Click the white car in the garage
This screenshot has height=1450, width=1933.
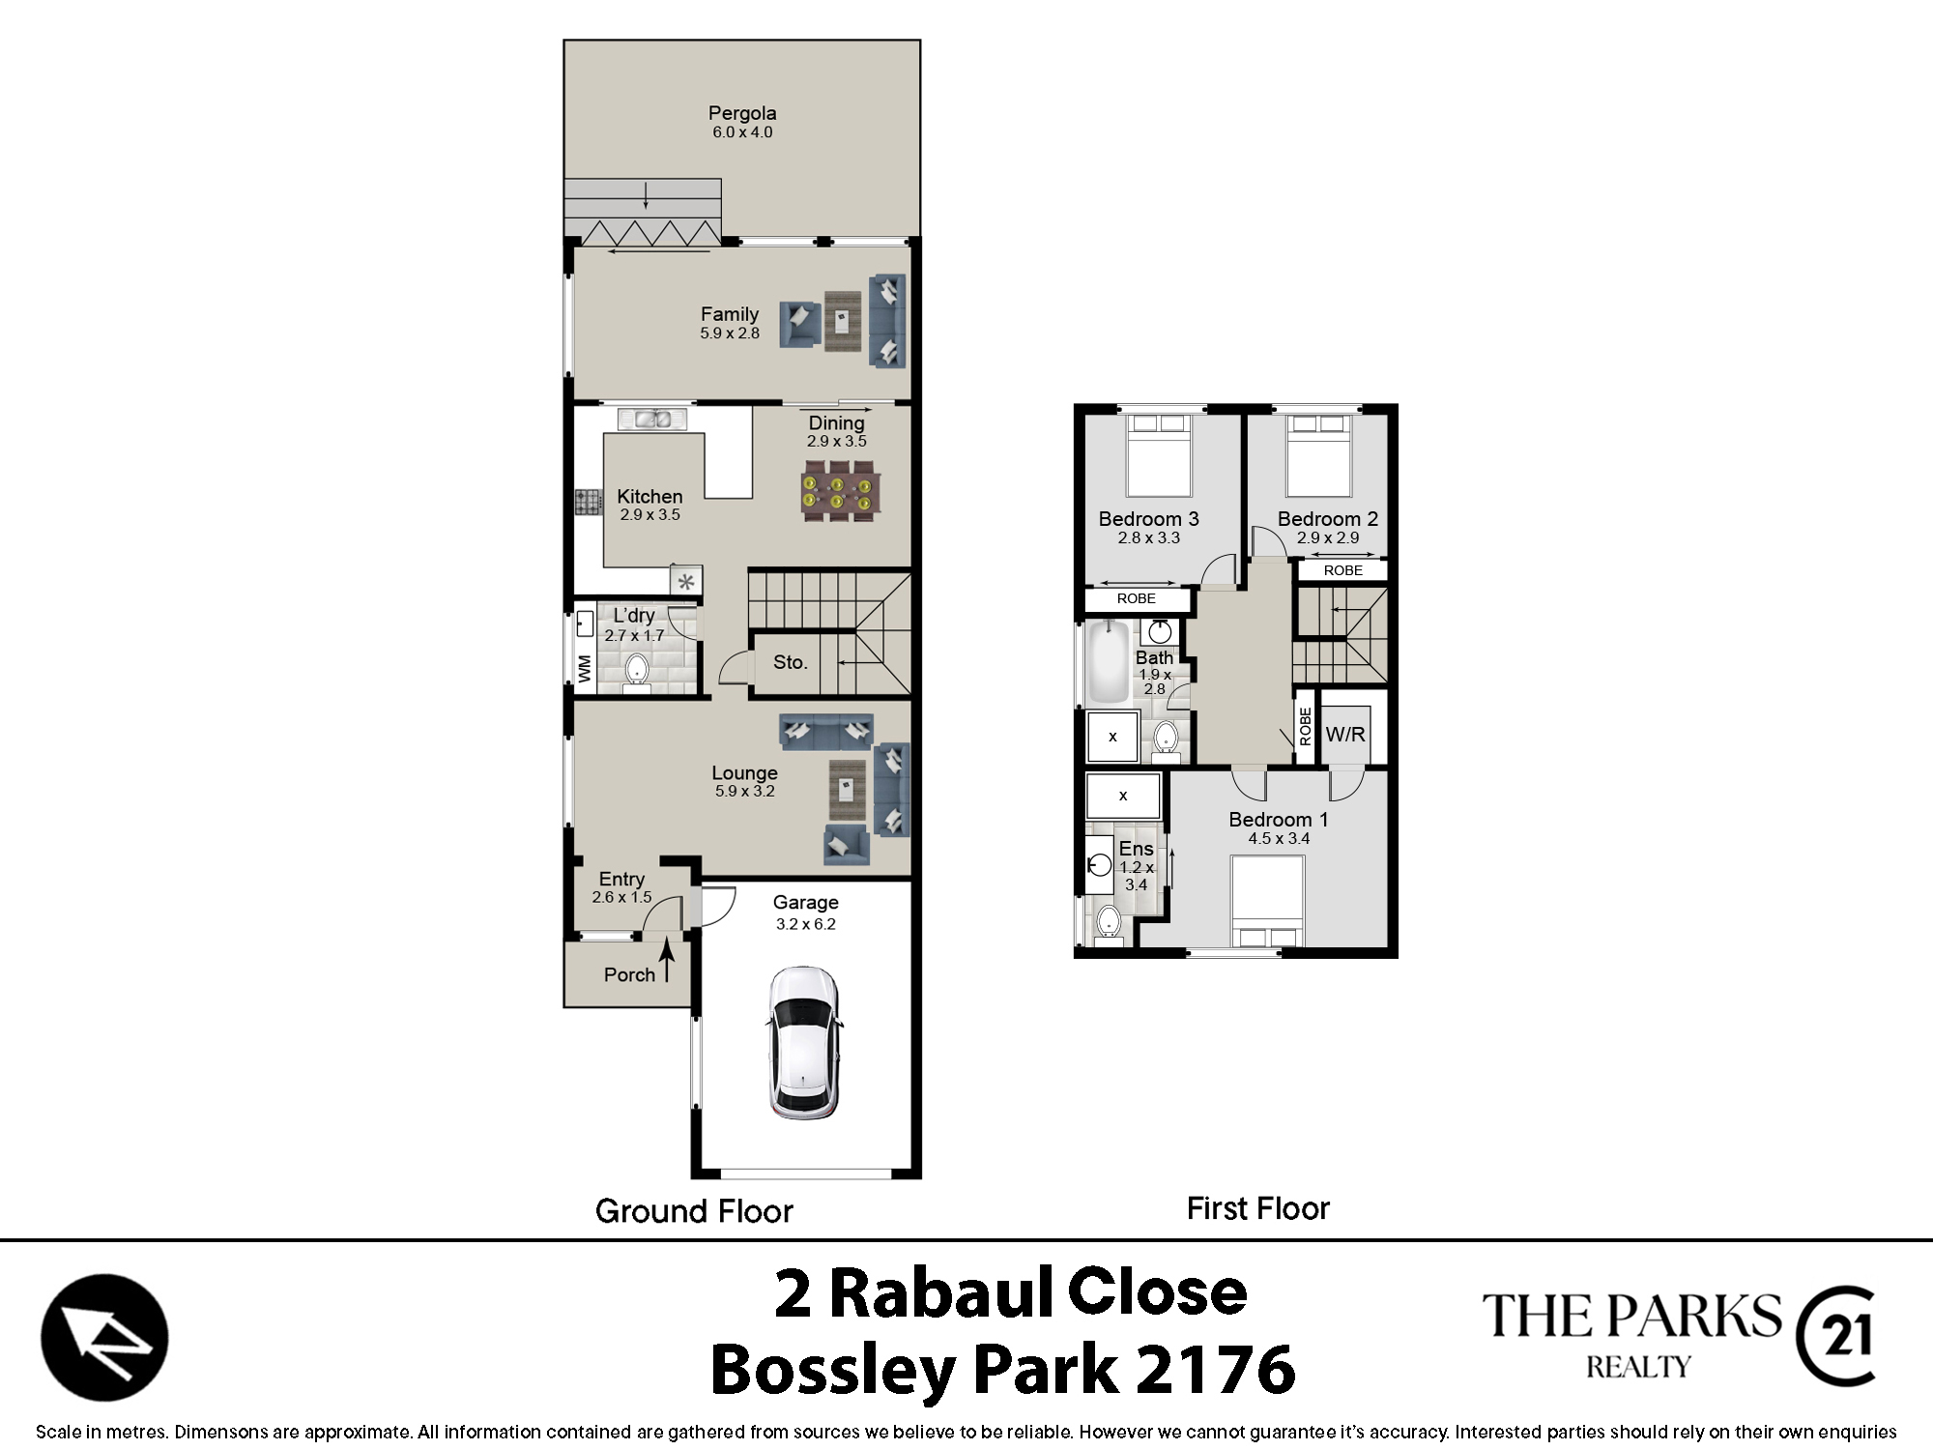[804, 1043]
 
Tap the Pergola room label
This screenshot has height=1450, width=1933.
[742, 113]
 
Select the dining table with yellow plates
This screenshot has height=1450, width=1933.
[839, 490]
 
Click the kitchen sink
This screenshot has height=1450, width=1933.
[652, 419]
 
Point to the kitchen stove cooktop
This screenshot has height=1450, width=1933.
[589, 503]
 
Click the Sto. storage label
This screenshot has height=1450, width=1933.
[790, 662]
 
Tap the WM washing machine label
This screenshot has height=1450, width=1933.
[585, 668]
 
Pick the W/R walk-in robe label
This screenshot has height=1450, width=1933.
[1345, 735]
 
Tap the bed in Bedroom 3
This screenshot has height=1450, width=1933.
[1160, 455]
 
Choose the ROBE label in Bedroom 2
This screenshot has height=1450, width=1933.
[1343, 570]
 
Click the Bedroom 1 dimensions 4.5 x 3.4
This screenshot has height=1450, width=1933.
[1279, 838]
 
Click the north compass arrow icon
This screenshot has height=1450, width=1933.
[104, 1338]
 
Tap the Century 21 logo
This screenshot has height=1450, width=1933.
[1835, 1337]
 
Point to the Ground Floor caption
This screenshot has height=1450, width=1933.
[694, 1211]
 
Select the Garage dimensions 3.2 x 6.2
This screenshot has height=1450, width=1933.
[806, 924]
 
